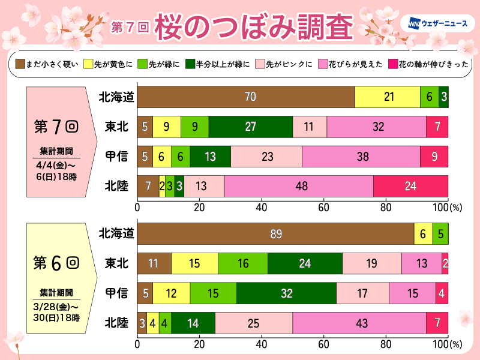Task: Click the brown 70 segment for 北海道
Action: pyautogui.click(x=246, y=97)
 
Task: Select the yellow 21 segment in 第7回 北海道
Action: pyautogui.click(x=387, y=97)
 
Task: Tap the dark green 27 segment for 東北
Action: pyautogui.click(x=251, y=127)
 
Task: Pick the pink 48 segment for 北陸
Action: pyautogui.click(x=299, y=186)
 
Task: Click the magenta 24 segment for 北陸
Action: pyautogui.click(x=410, y=186)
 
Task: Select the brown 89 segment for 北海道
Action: pyautogui.click(x=276, y=233)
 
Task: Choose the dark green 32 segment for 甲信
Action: pyautogui.click(x=286, y=293)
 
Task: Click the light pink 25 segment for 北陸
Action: pyautogui.click(x=254, y=323)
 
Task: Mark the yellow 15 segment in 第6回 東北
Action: pyautogui.click(x=194, y=263)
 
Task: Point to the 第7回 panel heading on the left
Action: pyautogui.click(x=55, y=127)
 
